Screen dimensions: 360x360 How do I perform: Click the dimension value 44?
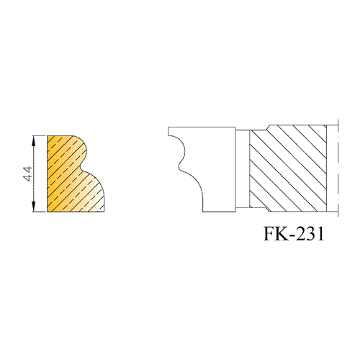[x=29, y=174]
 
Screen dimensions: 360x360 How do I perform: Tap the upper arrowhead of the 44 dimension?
[x=34, y=140]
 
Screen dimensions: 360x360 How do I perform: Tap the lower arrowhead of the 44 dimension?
[x=34, y=207]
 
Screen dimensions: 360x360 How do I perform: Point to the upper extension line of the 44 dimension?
[x=39, y=135]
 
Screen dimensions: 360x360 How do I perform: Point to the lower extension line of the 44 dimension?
[x=39, y=212]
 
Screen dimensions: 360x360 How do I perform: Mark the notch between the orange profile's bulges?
[x=81, y=168]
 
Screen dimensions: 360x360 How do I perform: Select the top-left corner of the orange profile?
[x=48, y=136]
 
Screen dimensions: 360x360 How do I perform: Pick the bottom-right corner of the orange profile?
[x=104, y=212]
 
